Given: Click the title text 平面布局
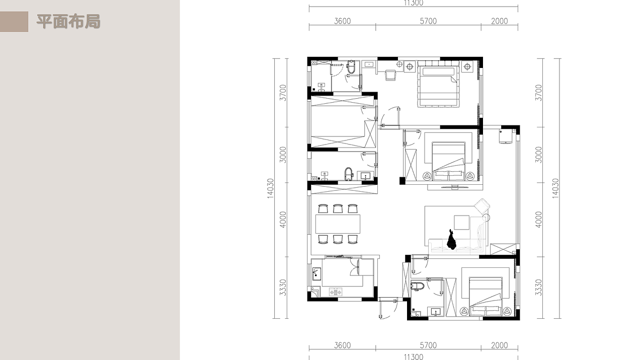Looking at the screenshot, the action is (x=68, y=22).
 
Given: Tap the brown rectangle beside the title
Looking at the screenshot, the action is (x=14, y=22).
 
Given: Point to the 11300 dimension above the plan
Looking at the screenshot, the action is (x=414, y=3).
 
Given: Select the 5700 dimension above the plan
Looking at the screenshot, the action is (x=428, y=21).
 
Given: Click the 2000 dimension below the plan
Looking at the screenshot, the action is (x=500, y=345).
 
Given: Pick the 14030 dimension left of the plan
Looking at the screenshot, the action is (x=270, y=188).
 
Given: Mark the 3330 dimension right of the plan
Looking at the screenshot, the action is (x=538, y=287).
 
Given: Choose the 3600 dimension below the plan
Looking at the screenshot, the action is (x=343, y=345).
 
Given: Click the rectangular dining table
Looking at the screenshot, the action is (x=338, y=224).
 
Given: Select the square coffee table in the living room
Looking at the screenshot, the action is (x=462, y=223).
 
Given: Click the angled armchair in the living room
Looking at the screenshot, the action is (x=482, y=206).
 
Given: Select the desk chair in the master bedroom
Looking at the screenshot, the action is (x=390, y=75).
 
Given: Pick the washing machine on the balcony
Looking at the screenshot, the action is (x=506, y=136).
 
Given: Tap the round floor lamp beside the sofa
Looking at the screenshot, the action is (x=486, y=218).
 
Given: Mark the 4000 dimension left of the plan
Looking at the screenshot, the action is (x=283, y=220).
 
